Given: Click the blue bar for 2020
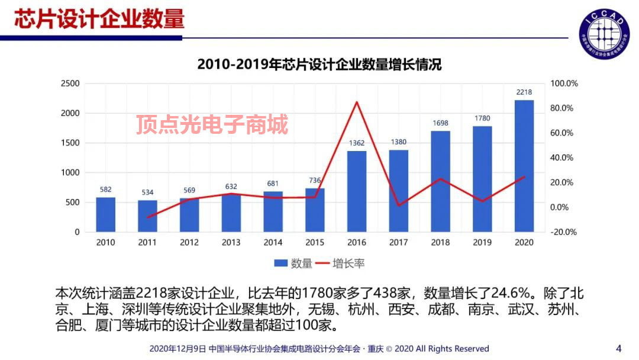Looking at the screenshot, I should point(524,166).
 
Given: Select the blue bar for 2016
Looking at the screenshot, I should point(357,191).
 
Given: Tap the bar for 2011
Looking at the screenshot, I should point(147,216).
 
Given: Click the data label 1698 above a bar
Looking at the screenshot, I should point(440,123).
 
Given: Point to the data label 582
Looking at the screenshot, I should point(105,189).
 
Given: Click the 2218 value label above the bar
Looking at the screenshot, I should point(524,92).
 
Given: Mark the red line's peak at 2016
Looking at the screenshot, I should point(357,102).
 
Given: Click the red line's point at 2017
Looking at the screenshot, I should point(398,205).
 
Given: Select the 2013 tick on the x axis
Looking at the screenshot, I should point(231,242).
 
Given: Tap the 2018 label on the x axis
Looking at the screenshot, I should point(440,242).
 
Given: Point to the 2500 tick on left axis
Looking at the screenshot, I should point(70,83).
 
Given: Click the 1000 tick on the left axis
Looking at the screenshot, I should point(70,172).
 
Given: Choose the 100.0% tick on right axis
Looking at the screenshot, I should point(564,83).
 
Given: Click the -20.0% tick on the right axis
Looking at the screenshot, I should point(564,232).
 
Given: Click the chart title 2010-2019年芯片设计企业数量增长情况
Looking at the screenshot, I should point(319,64).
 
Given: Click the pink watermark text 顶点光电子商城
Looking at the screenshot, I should point(212,125).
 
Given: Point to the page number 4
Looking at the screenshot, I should point(619,348).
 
